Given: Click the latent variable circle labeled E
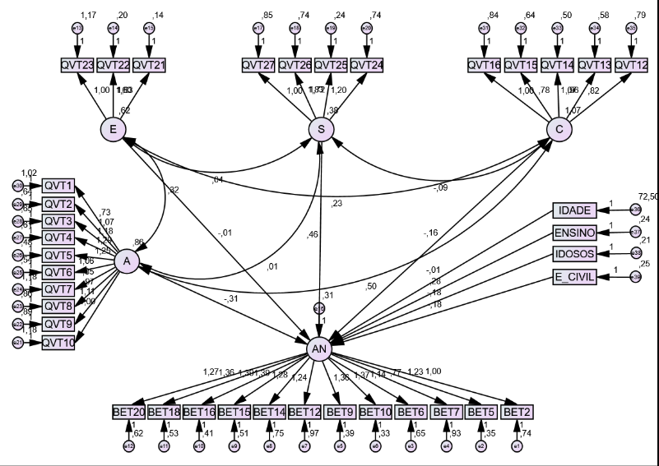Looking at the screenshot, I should coord(113,129).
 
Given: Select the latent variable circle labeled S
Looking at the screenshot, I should coord(321,129).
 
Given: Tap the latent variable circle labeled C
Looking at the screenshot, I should coord(559,129).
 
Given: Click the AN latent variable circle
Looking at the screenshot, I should coord(319,349).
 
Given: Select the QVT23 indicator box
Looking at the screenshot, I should coord(77,64).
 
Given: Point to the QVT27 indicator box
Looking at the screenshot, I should coord(258,64).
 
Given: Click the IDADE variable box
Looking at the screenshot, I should coord(573,211).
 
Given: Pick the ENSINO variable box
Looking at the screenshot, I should coord(573,233).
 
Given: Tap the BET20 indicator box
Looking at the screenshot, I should coord(128,411).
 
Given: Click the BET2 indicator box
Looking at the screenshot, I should coord(517,411).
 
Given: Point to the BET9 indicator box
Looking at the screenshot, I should coord(340,411).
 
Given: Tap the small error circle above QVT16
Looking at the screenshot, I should coord(484,28).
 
